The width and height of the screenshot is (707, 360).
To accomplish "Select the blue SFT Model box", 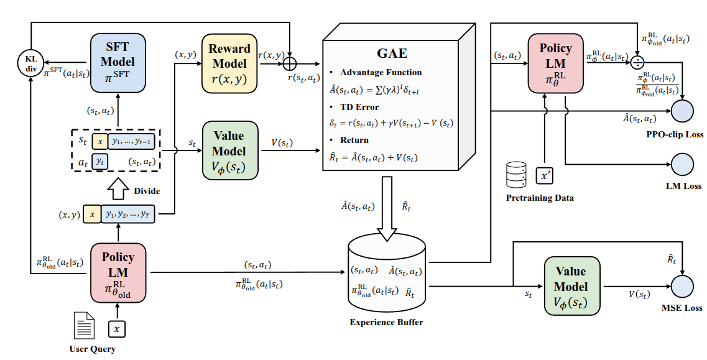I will pos(118,63).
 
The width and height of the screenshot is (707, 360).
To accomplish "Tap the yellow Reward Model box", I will pos(229,63).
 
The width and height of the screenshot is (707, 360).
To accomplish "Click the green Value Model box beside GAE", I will pos(229,150).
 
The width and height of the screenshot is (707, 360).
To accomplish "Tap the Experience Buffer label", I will pos(386,322).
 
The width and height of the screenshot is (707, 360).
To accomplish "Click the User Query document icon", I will pos(85,325).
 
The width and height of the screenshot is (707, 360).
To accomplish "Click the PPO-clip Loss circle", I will pos(683,112).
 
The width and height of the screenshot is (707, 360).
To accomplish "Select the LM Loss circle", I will pos(683,164).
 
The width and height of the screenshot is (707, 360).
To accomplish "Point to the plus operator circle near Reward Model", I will pos(289,63).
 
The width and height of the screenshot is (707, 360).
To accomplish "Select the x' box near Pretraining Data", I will pos(545,175).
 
